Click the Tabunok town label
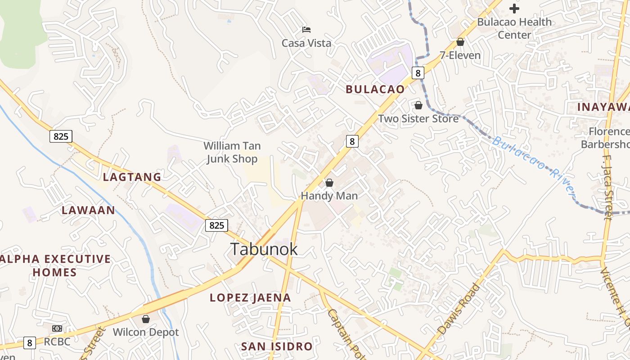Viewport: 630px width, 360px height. [264, 249]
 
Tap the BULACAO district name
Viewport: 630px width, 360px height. [375, 89]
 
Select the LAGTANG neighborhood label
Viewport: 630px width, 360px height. [132, 177]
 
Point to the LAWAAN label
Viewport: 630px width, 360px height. [88, 210]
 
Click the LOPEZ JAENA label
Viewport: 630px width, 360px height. [250, 297]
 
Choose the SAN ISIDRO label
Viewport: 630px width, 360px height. [276, 346]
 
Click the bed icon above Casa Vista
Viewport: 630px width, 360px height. [306, 30]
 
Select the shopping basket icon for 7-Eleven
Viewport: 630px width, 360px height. [460, 42]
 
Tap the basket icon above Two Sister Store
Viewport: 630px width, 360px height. [418, 105]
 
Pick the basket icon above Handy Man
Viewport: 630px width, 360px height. [329, 183]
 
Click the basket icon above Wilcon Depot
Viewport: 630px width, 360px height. [146, 319]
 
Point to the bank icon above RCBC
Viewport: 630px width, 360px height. [57, 328]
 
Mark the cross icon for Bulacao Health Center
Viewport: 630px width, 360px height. [514, 9]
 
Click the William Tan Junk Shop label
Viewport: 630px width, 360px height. [232, 152]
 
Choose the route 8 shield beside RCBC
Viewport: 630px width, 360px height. [30, 343]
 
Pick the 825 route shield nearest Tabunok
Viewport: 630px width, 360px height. [216, 225]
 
